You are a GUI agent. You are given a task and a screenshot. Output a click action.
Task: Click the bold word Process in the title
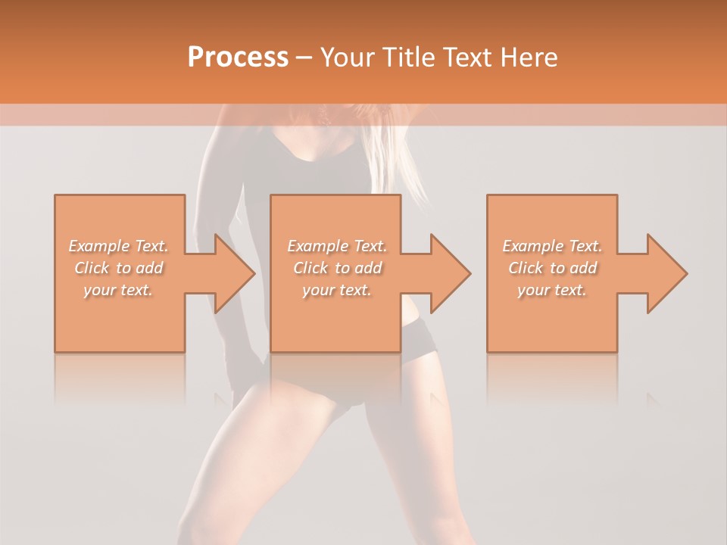[238, 58]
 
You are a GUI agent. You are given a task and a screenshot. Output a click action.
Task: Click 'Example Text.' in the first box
[119, 246]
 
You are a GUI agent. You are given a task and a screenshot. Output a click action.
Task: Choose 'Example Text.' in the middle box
[337, 246]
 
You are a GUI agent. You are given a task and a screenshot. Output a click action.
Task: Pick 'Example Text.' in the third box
[552, 246]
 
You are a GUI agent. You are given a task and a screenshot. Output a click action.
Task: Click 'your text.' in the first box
[118, 290]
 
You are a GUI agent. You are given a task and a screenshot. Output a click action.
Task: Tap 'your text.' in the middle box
[337, 290]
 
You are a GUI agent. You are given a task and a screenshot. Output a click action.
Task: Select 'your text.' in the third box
[552, 290]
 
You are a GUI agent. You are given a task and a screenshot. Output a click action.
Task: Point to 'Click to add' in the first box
[119, 268]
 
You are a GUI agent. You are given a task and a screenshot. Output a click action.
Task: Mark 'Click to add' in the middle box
[337, 268]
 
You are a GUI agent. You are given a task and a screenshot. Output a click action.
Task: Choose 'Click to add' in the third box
[552, 268]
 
